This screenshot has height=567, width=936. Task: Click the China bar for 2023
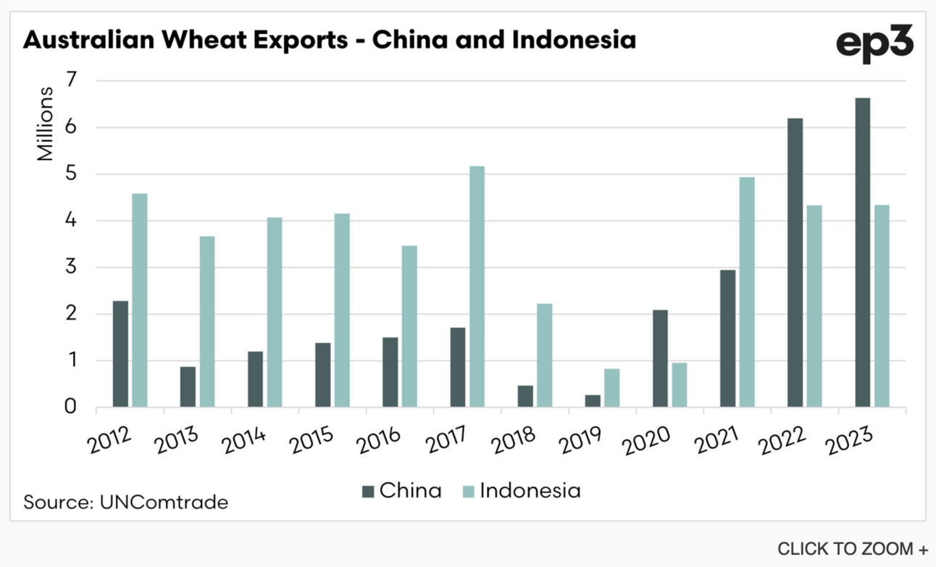(862, 253)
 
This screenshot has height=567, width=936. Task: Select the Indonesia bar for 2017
(477, 287)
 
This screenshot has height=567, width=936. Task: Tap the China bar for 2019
(593, 401)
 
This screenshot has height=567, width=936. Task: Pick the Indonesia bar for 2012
(140, 301)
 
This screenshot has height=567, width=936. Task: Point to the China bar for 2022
(795, 263)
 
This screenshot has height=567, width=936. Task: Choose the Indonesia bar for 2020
(680, 385)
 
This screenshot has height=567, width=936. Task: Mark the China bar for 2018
(525, 396)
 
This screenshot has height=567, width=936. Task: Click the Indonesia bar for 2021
(747, 292)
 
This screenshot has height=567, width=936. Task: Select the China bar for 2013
(188, 387)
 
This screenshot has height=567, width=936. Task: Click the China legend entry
(402, 490)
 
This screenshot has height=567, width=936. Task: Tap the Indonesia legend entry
(522, 490)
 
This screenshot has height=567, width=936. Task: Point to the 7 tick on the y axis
(72, 80)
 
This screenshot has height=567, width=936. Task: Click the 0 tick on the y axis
(70, 407)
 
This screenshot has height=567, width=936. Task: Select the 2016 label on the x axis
(380, 440)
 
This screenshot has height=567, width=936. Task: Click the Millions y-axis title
(45, 124)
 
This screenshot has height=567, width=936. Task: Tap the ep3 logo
(874, 43)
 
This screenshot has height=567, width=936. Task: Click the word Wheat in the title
(254, 40)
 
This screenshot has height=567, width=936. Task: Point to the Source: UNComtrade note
(126, 502)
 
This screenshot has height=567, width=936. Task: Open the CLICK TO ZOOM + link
(853, 549)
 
